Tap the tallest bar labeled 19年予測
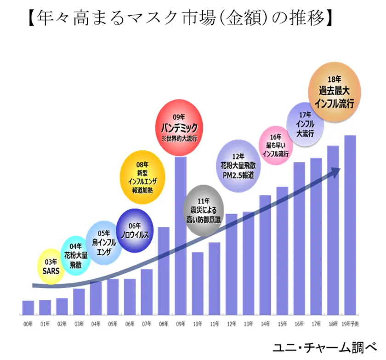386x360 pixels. coord(350,225)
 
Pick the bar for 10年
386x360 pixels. coord(198,283)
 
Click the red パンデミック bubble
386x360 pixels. coord(179,125)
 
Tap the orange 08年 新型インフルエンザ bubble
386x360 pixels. coord(142,177)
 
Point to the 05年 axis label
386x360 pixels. coord(113,324)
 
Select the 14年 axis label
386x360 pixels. coord(265,324)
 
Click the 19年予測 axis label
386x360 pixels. coord(350,324)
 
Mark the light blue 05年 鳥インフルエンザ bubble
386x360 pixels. coord(103,243)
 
